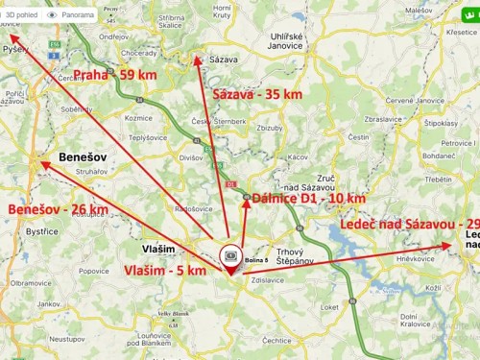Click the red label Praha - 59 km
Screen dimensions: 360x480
pos(114,74)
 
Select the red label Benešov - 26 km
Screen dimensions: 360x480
pos(58,208)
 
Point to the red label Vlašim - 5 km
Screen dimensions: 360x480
pos(165,271)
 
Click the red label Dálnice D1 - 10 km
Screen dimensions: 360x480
pos(308,198)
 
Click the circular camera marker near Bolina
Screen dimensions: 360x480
pos(230,256)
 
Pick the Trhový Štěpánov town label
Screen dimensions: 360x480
pos(289,257)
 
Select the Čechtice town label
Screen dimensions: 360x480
pos(276,339)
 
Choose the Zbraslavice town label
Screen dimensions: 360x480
pos(384,120)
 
